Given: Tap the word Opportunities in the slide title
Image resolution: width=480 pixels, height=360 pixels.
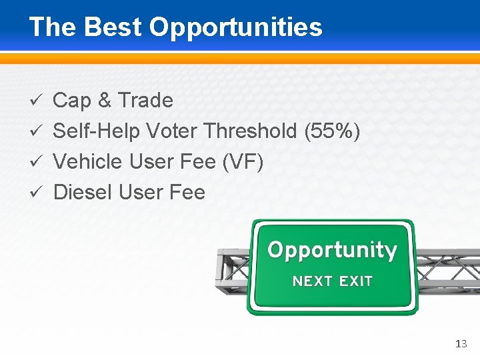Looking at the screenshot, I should click(235, 28).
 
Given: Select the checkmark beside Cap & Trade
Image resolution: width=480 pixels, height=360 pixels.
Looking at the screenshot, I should click(38, 101).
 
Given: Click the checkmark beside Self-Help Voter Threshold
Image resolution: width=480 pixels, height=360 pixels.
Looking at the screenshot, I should click(38, 131).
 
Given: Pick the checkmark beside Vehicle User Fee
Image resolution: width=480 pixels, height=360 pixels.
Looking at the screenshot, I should click(38, 162).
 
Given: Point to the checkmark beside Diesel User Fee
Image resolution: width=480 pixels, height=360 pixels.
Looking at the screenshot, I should click(38, 193).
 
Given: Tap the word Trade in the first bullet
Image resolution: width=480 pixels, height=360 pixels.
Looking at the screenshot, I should click(145, 101).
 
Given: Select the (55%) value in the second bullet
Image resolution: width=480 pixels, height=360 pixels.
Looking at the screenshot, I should click(332, 131).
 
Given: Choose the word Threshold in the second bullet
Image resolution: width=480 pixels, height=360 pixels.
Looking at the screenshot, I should click(251, 131).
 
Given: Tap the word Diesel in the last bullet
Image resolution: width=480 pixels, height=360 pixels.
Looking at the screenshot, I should click(82, 193).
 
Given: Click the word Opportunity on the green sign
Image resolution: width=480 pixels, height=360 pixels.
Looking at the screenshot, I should click(332, 251).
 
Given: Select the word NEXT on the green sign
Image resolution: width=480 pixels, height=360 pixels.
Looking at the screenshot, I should click(313, 281).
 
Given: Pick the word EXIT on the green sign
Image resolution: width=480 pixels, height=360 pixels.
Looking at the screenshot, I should click(355, 281).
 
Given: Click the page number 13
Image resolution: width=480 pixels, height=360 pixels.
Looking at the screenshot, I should click(461, 344).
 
